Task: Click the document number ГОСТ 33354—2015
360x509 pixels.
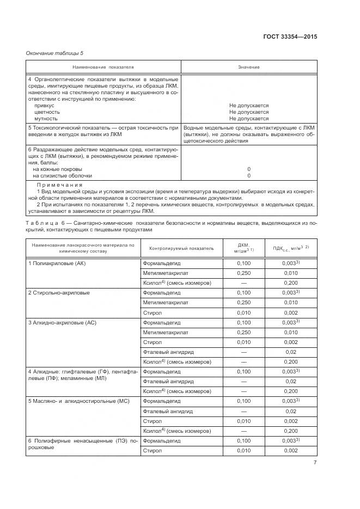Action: pos(289,37)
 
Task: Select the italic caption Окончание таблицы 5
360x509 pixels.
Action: pos(55,53)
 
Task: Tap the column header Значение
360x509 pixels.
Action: pos(248,67)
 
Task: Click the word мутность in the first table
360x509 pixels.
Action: pos(46,118)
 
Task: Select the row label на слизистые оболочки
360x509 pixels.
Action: pos(63,176)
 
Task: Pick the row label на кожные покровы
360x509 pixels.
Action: pos(58,169)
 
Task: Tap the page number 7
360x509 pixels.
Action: pos(315,463)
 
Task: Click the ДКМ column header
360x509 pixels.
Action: pos(244,248)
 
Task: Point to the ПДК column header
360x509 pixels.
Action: pos(290,248)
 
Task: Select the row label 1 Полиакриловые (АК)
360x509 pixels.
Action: pos(57,263)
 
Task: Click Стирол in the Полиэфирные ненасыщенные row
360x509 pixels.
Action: pos(152,451)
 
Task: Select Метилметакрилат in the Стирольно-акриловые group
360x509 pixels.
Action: pos(166,303)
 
